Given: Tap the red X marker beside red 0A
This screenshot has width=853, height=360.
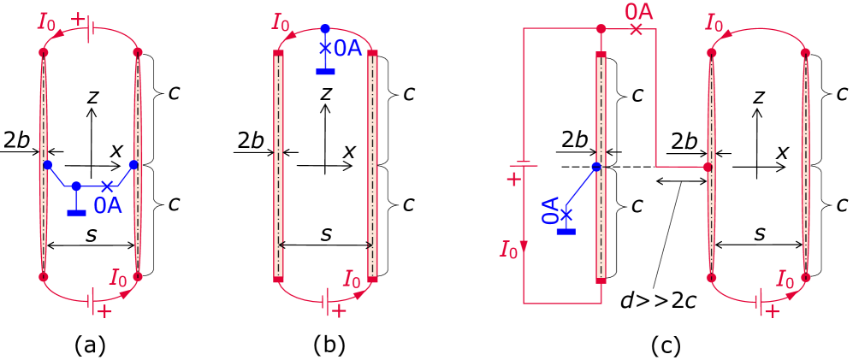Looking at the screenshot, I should click(636, 29).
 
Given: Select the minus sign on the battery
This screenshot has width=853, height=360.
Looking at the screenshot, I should click(524, 163).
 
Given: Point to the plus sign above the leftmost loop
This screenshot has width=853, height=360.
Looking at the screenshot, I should click(78, 17).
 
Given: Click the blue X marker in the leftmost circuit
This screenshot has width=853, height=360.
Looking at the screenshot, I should click(107, 186).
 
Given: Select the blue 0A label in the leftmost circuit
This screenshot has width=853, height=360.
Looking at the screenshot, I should click(108, 205).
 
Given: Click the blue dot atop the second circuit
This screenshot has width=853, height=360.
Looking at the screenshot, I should click(324, 29).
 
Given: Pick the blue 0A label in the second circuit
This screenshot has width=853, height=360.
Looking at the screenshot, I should click(347, 49).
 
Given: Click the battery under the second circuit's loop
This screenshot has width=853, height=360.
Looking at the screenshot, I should click(326, 299).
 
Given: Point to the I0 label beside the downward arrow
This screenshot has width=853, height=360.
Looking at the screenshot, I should click(509, 250).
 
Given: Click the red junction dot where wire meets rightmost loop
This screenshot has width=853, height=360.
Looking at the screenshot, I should click(707, 167).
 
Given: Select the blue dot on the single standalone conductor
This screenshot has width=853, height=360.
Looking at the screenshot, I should click(596, 167).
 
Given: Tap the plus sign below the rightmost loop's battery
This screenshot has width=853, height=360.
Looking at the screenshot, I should click(773, 311).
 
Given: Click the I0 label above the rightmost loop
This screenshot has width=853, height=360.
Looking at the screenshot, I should click(714, 23).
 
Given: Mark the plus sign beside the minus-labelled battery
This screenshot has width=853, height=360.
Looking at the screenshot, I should click(513, 179).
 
